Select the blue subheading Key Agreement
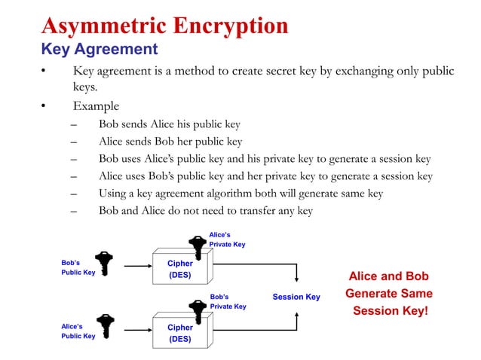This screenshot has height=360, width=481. tap(99, 50)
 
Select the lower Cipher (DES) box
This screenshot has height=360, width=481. tap(180, 332)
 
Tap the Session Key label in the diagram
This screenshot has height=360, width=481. tap(296, 297)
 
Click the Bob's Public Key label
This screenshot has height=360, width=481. tap(78, 267)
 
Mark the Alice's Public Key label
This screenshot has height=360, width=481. tap(78, 331)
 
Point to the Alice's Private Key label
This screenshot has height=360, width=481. tap(227, 239)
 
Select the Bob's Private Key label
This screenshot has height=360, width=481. tap(228, 301)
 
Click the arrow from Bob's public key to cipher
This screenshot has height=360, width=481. tap(137, 266)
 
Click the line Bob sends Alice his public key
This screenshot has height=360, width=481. tap(170, 124)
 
